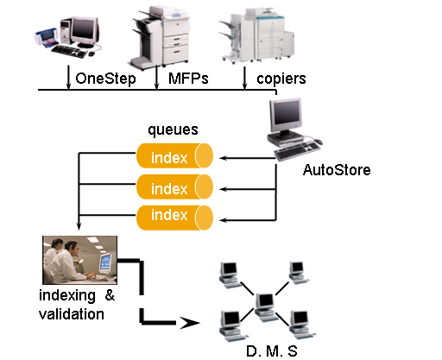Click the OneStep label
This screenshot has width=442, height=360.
click(x=105, y=79)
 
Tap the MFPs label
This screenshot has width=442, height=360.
click(x=188, y=79)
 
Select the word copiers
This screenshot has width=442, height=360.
click(x=281, y=79)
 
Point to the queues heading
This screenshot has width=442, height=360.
click(x=173, y=130)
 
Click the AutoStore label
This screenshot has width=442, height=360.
click(x=337, y=170)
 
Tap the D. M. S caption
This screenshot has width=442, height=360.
click(x=272, y=351)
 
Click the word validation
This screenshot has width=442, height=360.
click(x=72, y=314)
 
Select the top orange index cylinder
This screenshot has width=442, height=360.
click(x=174, y=155)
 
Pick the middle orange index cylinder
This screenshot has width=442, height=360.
click(x=174, y=186)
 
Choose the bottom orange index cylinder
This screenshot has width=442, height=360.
click(x=174, y=218)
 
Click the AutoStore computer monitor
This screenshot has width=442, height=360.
click(x=286, y=115)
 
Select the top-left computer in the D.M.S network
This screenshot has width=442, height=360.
click(x=229, y=275)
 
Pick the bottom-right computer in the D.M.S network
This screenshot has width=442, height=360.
click(x=301, y=325)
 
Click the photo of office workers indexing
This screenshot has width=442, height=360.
click(x=79, y=260)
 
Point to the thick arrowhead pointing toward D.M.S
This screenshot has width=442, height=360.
click(x=189, y=323)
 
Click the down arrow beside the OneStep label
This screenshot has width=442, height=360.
click(x=68, y=77)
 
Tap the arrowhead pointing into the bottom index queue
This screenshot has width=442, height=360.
click(x=224, y=220)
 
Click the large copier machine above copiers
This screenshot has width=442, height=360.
click(x=257, y=35)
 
